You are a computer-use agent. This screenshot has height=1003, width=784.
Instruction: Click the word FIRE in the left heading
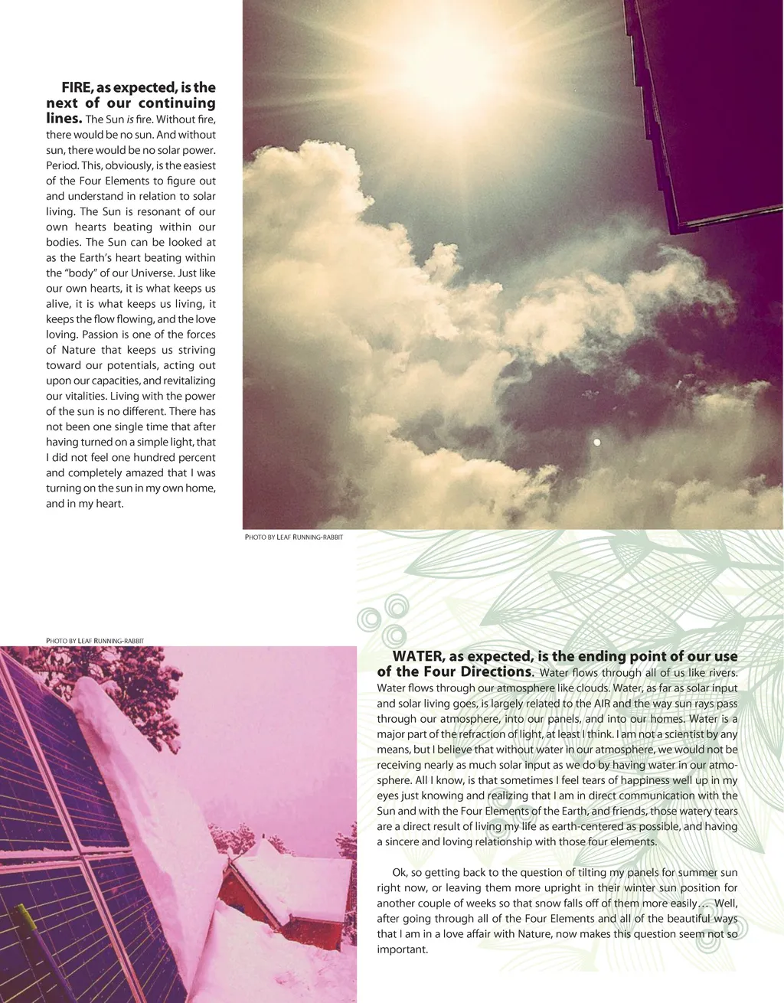pos(77,87)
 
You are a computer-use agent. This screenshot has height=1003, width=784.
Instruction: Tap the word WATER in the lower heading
pos(418,656)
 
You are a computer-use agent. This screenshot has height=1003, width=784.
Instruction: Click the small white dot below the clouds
pos(596,442)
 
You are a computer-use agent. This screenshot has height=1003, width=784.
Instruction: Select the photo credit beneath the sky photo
pos(294,537)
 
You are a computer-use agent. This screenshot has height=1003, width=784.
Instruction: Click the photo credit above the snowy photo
pos(95,640)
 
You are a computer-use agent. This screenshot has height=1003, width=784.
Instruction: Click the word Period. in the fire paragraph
pos(61,165)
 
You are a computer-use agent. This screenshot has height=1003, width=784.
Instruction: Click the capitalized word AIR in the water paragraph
pos(604,704)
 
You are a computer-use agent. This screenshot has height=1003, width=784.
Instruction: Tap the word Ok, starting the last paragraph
pos(400,872)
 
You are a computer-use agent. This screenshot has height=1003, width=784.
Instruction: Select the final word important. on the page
pos(402,949)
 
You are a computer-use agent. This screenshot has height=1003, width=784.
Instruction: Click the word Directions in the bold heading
pos(495,671)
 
